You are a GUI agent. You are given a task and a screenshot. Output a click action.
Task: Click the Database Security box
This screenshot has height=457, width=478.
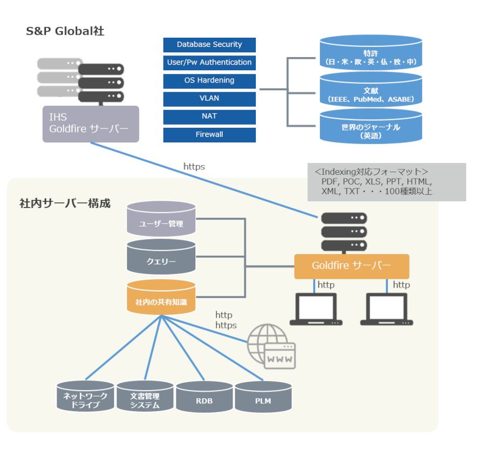point(209,45)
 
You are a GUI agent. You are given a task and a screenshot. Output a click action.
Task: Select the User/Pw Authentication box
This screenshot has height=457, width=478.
point(209,63)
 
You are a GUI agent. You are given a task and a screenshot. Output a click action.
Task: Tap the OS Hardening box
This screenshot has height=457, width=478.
point(209,81)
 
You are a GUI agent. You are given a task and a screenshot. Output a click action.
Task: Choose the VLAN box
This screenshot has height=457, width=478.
point(209,99)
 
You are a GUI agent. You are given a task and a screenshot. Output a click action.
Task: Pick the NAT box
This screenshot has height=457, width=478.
point(209,117)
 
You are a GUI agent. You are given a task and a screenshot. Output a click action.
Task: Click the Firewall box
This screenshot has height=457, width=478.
point(209,135)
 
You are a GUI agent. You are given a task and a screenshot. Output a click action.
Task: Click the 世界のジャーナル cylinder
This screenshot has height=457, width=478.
point(371,126)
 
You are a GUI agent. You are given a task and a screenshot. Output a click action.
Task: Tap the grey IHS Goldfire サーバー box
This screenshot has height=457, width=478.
point(91,124)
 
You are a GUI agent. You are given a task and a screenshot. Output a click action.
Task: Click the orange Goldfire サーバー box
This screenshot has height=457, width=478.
point(352,266)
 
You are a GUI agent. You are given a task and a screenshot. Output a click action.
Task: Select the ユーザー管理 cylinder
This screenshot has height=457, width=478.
point(161,219)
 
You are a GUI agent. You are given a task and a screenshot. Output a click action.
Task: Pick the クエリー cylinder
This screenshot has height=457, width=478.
point(161,257)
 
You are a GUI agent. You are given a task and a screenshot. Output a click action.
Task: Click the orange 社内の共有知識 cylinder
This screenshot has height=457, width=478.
point(161,297)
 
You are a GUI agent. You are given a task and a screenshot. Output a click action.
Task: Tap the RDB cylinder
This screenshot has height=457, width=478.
point(204,397)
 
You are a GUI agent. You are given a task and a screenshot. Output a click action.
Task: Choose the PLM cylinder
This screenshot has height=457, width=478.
point(263,397)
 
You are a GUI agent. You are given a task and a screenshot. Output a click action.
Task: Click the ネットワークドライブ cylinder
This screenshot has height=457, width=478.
point(85,395)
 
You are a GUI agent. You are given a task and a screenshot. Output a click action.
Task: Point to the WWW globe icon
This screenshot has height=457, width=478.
point(271,346)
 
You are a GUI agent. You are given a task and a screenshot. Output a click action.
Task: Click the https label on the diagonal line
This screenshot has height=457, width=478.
point(194,167)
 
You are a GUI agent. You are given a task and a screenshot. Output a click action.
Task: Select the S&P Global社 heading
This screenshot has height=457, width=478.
point(65,31)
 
